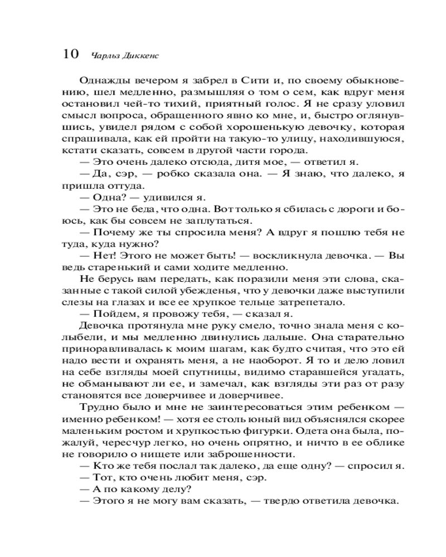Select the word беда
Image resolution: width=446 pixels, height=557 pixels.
(x=134, y=210)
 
